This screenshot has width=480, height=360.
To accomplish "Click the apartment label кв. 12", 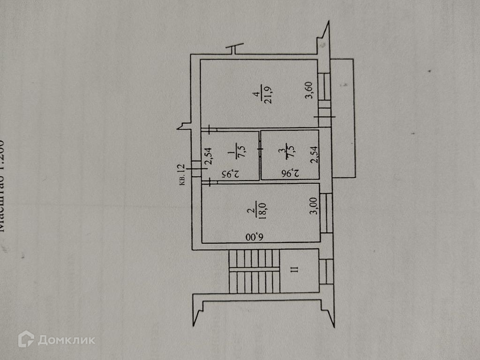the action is point(183,174).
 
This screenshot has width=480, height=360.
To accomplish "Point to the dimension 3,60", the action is point(308,90).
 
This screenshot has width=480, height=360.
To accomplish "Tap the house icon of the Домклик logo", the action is point(26,339).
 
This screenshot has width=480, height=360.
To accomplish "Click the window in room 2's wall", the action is point(326,213).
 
